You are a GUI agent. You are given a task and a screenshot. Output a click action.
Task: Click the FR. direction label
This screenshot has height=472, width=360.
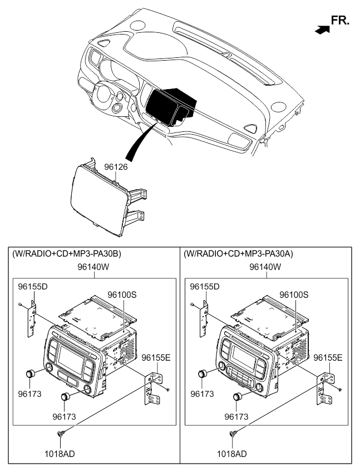click(x=340, y=20)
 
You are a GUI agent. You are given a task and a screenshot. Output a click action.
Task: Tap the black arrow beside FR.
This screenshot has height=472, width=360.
click(x=322, y=29)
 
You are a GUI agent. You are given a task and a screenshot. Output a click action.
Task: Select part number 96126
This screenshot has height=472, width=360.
click(x=116, y=167)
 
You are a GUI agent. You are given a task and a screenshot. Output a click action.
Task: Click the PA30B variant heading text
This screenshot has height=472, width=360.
click(x=67, y=254)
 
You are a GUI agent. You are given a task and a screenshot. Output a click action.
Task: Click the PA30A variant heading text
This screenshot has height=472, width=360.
click(x=238, y=254)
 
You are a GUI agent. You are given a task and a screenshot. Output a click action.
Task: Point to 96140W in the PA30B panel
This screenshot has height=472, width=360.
click(x=93, y=267)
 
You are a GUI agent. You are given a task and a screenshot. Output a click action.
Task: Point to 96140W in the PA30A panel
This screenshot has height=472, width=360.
click(x=265, y=267)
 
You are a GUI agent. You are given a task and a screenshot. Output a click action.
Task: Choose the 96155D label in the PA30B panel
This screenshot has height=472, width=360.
click(x=33, y=287)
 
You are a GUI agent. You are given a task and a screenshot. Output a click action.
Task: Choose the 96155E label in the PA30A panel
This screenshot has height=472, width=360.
click(x=328, y=357)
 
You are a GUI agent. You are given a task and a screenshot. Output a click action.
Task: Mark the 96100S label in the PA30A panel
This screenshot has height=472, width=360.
click(x=294, y=294)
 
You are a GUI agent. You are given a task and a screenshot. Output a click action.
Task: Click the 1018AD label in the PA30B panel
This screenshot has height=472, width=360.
click(x=60, y=454)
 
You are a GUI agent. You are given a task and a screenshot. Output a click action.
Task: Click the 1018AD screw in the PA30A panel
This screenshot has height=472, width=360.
click(x=233, y=434)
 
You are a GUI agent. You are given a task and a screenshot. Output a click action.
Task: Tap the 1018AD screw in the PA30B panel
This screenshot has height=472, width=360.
click(x=61, y=434)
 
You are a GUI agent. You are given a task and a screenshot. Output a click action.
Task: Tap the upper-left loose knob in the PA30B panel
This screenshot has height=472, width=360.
click(x=30, y=374)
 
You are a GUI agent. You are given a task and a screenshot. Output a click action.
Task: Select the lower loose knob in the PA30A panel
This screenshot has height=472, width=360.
click(x=238, y=397)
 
